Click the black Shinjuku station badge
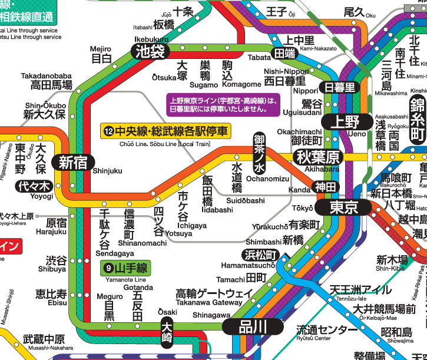[x=72, y=163]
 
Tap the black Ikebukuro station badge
[x=150, y=51]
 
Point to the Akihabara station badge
[x=319, y=157]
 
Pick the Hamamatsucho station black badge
[x=259, y=255]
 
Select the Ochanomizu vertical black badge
[x=260, y=151]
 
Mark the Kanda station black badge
[x=325, y=186]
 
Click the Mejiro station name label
[x=101, y=54]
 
